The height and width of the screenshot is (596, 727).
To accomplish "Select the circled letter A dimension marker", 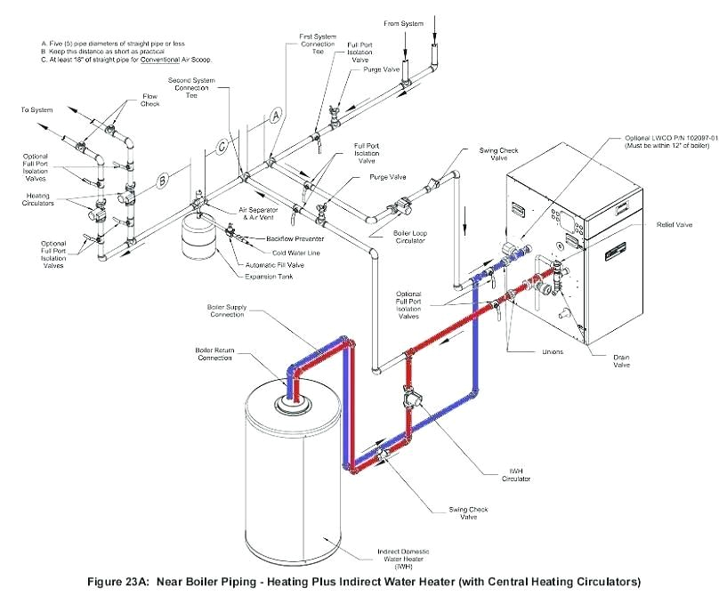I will click(275, 117).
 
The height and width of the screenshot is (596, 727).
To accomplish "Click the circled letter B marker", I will click(163, 181).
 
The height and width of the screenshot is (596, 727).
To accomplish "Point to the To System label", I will click(36, 110).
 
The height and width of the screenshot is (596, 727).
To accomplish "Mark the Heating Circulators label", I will click(38, 199).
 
